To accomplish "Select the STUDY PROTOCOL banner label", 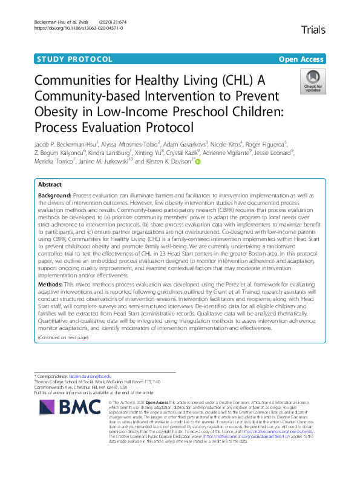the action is [74, 59].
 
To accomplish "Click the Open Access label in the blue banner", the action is [301, 59].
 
